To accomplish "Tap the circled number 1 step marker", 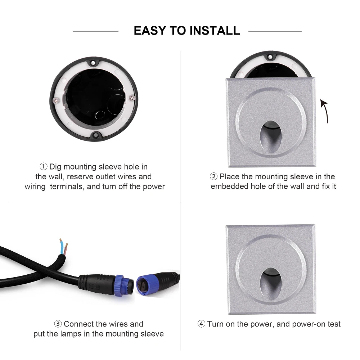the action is (44, 166).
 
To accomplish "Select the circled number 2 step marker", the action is (213, 176).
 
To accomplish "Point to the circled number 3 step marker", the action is (58, 324).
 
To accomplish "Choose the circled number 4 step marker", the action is (201, 324).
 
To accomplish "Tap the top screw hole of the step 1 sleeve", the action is (93, 62).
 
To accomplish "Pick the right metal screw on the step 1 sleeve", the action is (132, 97).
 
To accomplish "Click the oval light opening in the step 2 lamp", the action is (270, 136).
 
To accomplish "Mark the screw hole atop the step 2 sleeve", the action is (270, 57).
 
